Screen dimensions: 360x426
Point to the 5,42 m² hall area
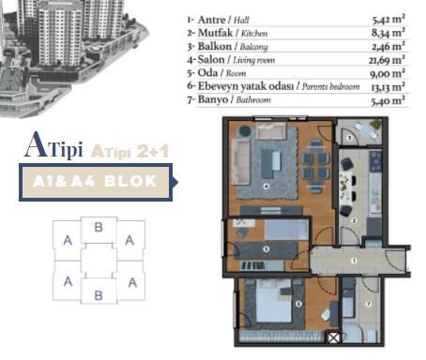pyautogui.click(x=388, y=18)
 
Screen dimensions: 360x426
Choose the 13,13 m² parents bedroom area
pyautogui.click(x=387, y=85)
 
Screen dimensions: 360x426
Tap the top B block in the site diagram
pyautogui.click(x=99, y=226)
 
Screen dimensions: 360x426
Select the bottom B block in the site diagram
pyautogui.click(x=99, y=294)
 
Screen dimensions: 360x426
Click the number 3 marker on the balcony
pyautogui.click(x=348, y=138)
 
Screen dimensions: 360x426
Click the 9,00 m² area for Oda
pyautogui.click(x=388, y=72)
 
